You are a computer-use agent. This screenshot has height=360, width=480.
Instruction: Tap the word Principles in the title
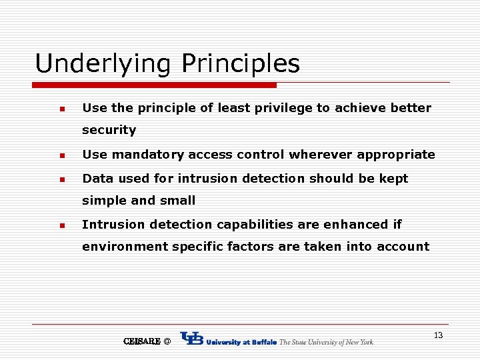point(241,65)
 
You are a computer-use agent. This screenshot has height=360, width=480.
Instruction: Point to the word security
point(109,130)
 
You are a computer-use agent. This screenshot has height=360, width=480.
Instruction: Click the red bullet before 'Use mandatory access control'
point(61,155)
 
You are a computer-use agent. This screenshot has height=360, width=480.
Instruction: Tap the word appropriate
point(396,155)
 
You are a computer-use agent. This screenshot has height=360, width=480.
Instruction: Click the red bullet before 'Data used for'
point(61,179)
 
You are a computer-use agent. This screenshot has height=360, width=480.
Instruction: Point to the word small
point(178,201)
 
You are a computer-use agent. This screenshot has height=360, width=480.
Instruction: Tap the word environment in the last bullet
point(125,247)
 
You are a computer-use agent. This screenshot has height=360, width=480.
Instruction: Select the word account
point(403,247)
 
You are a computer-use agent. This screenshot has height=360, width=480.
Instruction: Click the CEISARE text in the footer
point(142,341)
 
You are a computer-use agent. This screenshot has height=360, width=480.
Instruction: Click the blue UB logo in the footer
point(192,339)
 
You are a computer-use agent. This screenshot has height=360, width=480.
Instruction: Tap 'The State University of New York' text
point(326,342)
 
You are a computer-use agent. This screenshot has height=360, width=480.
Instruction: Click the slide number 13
point(438,335)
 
